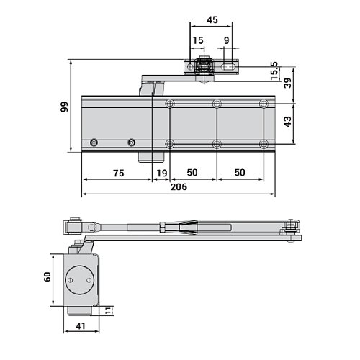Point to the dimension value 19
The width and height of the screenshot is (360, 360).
[x=161, y=173]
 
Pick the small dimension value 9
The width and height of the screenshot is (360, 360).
[x=227, y=41]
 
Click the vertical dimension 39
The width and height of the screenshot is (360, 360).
[x=288, y=84]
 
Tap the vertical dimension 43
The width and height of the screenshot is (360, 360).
[x=288, y=123]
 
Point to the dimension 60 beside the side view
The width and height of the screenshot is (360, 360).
[x=48, y=278]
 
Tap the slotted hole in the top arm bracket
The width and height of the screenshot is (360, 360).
[x=230, y=68]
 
